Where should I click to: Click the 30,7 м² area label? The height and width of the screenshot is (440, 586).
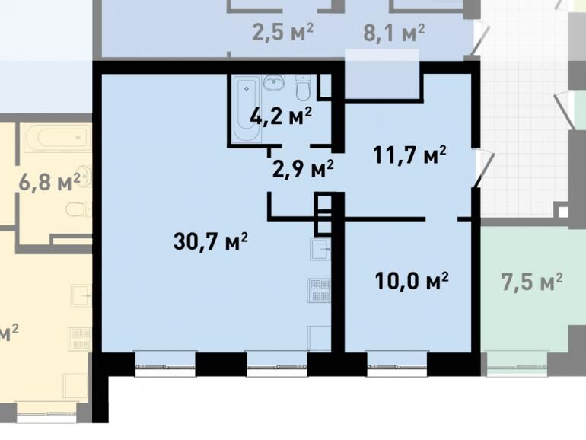pyautogui.click(x=210, y=241)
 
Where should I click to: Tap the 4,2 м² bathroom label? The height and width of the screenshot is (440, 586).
pyautogui.click(x=281, y=116)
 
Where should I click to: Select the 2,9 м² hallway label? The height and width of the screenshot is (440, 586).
pyautogui.click(x=303, y=169)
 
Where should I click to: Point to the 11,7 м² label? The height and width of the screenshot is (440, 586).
pyautogui.click(x=409, y=155)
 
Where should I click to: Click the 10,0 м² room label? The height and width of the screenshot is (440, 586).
pyautogui.click(x=412, y=280)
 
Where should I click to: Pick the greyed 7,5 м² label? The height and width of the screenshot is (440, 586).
pyautogui.click(x=531, y=282)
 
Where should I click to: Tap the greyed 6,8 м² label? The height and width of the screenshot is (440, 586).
pyautogui.click(x=49, y=182)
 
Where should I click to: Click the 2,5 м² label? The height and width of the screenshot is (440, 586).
pyautogui.click(x=282, y=32)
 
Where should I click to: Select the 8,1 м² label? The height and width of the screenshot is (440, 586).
pyautogui.click(x=394, y=33)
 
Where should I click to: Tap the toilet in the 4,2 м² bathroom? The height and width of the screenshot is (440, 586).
pyautogui.click(x=303, y=88)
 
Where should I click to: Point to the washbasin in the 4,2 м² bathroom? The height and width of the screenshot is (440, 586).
pyautogui.click(x=274, y=82)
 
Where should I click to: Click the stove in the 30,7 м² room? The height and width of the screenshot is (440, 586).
pyautogui.click(x=319, y=290)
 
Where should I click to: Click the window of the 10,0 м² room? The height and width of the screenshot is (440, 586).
pyautogui.click(x=397, y=364)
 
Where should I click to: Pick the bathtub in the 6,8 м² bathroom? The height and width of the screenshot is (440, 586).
pyautogui.click(x=58, y=137)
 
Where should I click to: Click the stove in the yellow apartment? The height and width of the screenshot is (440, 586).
pyautogui.click(x=79, y=339)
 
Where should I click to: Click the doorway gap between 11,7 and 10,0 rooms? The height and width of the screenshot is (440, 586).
pyautogui.click(x=441, y=218)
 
